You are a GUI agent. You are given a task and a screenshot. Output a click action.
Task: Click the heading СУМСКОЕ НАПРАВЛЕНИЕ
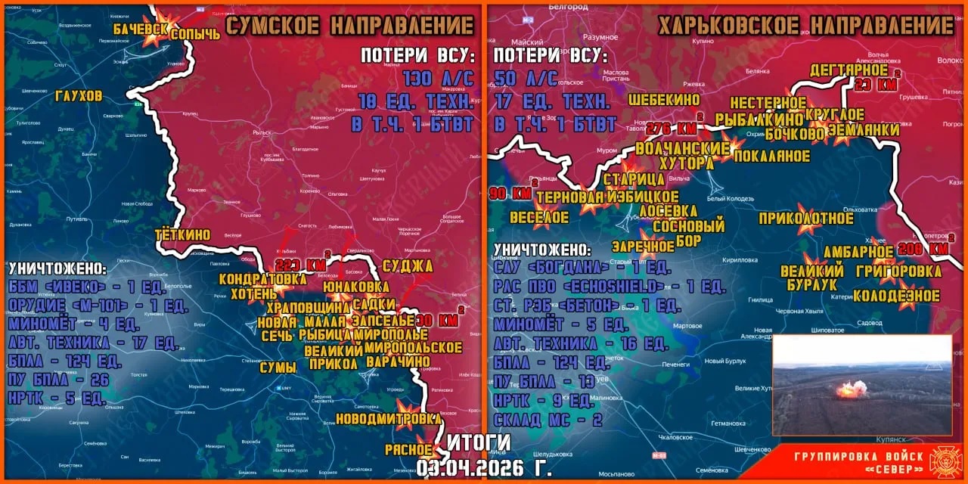349,26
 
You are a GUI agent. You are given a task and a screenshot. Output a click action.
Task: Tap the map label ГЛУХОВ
79,96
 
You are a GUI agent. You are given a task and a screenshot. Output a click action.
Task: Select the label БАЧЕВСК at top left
141,29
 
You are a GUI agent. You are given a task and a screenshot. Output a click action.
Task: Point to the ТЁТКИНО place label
182,234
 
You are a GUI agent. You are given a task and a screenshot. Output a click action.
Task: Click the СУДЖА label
408,265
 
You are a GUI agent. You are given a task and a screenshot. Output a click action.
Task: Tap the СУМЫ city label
278,368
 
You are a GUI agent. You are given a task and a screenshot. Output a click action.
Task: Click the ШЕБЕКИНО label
664,99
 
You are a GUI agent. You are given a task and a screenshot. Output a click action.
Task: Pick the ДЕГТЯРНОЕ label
849,70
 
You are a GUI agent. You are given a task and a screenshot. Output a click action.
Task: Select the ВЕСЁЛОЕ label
538,217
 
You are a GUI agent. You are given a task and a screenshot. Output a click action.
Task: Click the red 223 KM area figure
300,265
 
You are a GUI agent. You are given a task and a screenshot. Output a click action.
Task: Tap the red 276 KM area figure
672,128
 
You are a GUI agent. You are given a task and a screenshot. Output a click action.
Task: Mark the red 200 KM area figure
924,248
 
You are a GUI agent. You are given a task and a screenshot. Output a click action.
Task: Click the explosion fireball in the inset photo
851,389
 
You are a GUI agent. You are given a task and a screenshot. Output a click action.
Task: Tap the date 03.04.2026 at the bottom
484,467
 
